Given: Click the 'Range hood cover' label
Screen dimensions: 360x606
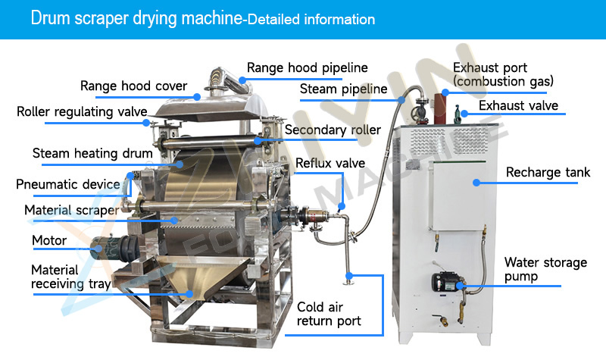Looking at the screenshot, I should point(133,86).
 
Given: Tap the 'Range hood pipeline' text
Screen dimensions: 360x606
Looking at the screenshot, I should point(307,67).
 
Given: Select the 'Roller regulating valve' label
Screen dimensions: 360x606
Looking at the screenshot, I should point(82,112).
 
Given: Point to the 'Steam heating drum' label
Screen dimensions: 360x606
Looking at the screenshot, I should point(92,153).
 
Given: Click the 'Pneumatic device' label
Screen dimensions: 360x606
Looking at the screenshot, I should point(68,184).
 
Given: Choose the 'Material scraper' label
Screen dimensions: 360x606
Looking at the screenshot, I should point(71,210).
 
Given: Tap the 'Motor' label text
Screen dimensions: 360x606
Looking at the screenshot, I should point(49,241).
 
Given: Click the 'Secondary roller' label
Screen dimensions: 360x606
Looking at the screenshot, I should point(333,130).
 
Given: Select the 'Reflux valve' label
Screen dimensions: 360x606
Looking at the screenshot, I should point(330,163).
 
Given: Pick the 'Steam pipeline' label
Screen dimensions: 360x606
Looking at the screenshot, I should point(343,89).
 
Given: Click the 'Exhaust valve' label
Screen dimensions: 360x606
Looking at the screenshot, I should point(518,105).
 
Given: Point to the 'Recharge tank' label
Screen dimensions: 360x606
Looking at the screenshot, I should point(548,173).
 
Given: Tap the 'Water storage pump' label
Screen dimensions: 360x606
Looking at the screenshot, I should point(545,270).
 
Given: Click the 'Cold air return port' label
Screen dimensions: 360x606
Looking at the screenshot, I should point(328,314).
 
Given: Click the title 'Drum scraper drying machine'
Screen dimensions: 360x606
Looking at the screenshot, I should point(134,18).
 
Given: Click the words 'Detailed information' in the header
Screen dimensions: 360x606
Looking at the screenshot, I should point(311,19).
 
